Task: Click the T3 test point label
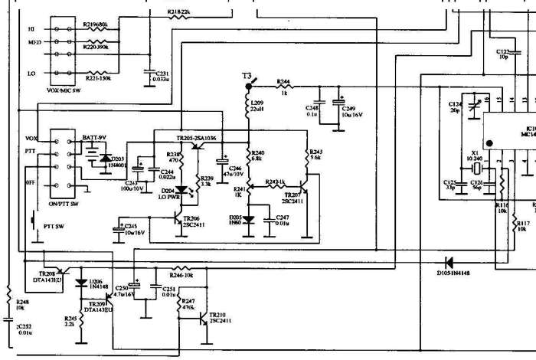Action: pos(247,77)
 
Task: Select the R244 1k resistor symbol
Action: pos(283,86)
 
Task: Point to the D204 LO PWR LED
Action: pos(182,191)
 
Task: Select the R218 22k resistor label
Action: pos(179,12)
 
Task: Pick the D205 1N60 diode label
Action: pos(237,221)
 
